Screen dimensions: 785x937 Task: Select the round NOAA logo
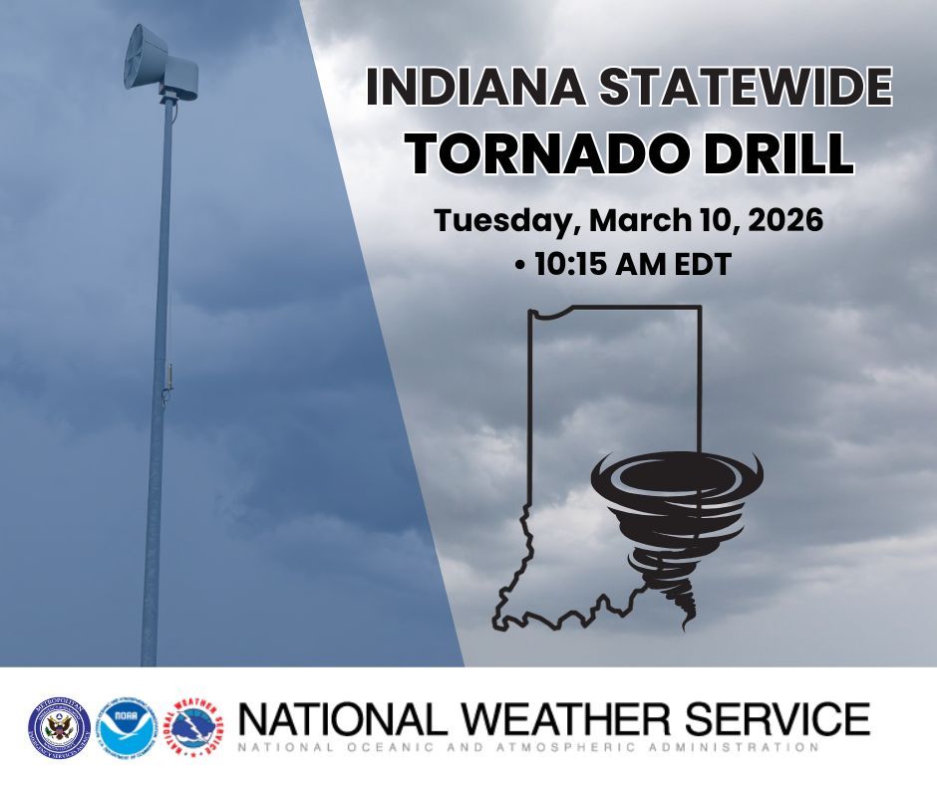click(x=128, y=724)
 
